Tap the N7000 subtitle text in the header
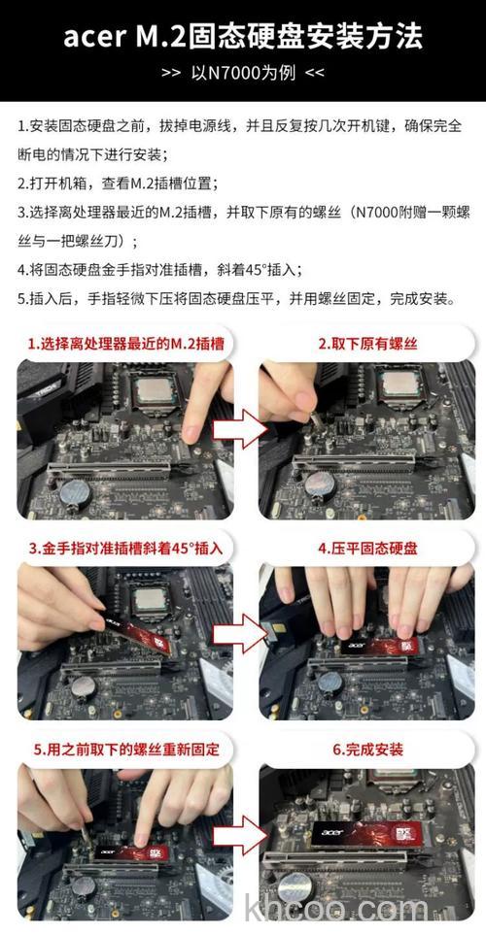[243, 73]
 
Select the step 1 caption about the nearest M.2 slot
[125, 344]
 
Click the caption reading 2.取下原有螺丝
[368, 344]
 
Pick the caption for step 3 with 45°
[125, 549]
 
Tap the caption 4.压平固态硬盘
[368, 549]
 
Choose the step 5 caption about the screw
[125, 750]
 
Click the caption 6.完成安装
[368, 750]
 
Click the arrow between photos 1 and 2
[240, 427]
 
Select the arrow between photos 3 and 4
[240, 633]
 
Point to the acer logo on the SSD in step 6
[332, 831]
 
